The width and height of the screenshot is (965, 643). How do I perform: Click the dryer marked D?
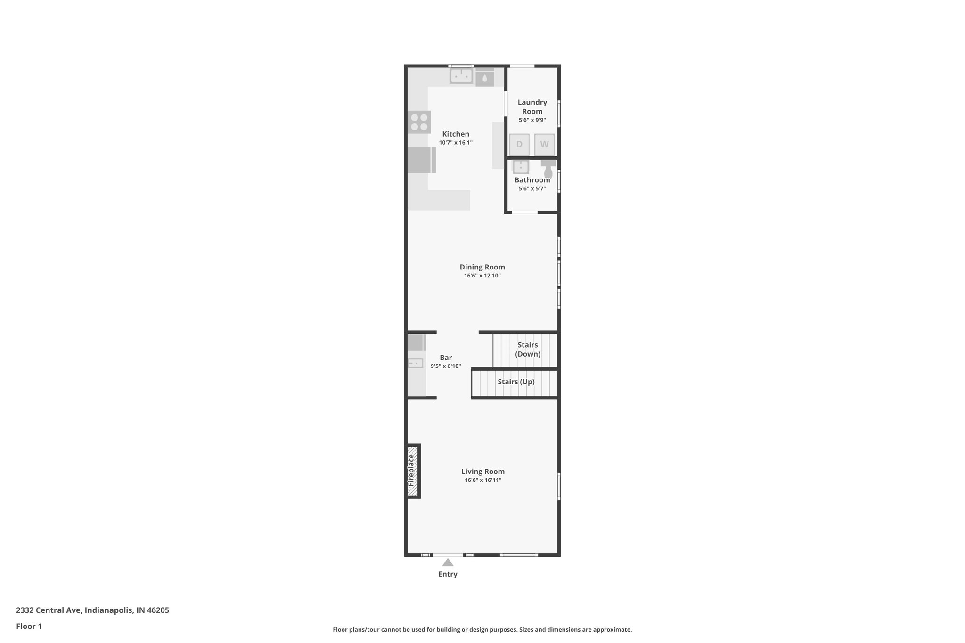click(519, 145)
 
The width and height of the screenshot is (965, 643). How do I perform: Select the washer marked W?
click(544, 145)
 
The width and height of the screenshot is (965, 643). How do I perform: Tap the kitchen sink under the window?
click(461, 75)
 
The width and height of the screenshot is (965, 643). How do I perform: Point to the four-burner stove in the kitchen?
click(419, 122)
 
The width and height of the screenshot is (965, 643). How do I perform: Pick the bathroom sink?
click(521, 167)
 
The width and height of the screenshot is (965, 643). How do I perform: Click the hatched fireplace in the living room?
click(413, 471)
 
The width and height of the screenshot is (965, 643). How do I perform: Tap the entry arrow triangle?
click(448, 562)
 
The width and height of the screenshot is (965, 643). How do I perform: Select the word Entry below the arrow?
click(448, 574)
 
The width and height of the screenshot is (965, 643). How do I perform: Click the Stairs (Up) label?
click(516, 382)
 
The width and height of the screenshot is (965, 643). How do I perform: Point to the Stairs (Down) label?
click(527, 350)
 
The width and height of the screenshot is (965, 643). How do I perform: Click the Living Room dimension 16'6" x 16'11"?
click(483, 480)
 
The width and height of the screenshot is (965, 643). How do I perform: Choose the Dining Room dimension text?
click(482, 276)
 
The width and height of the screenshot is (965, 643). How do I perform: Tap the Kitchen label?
click(456, 134)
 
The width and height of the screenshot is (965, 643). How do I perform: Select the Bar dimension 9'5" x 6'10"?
click(445, 366)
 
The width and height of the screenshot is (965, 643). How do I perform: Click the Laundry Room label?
click(532, 107)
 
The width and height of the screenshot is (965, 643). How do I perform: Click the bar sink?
click(416, 363)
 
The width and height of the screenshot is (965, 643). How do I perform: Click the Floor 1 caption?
click(29, 627)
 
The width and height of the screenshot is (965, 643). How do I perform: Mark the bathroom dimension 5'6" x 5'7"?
click(532, 189)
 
